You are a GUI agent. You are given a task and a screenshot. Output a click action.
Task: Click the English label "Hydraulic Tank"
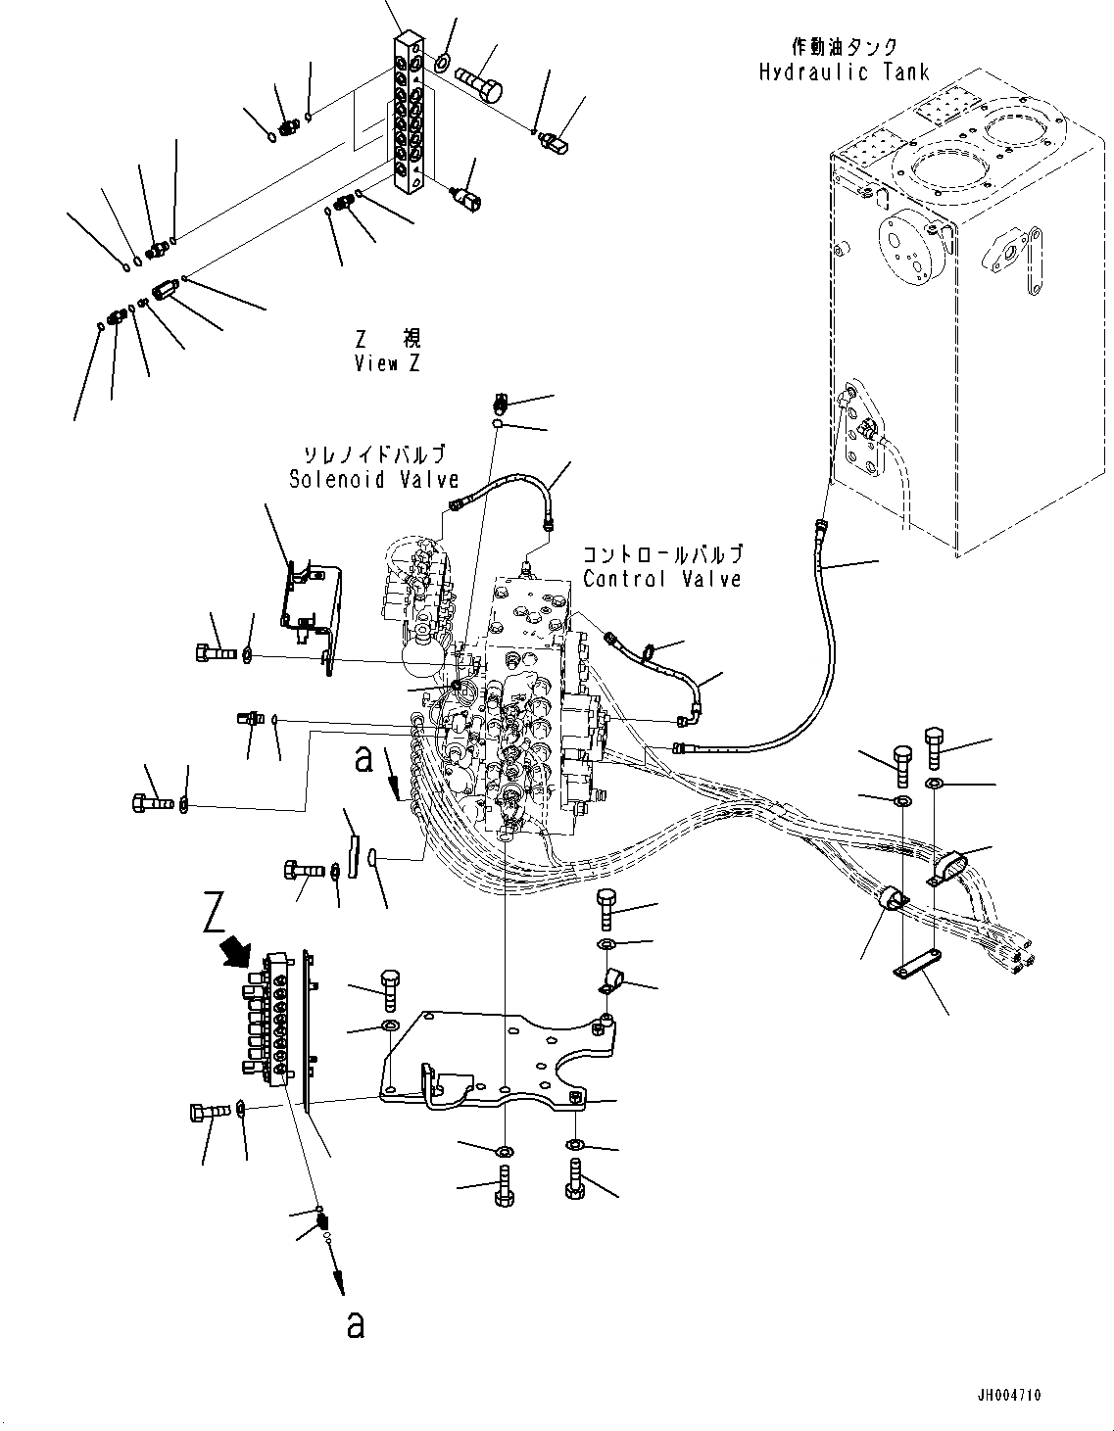(843, 72)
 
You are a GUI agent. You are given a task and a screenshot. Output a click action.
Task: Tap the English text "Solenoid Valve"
(373, 479)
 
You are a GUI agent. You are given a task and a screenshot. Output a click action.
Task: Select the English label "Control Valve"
(661, 579)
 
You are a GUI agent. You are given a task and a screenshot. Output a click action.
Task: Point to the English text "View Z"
(388, 363)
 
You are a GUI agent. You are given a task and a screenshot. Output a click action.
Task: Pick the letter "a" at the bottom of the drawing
(356, 1325)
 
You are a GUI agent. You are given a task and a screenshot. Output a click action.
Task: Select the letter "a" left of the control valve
(364, 759)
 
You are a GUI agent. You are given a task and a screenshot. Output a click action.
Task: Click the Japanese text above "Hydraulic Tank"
(843, 47)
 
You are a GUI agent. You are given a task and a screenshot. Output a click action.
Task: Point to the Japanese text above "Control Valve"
(662, 554)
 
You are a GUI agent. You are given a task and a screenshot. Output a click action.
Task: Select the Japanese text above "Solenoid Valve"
(373, 454)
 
